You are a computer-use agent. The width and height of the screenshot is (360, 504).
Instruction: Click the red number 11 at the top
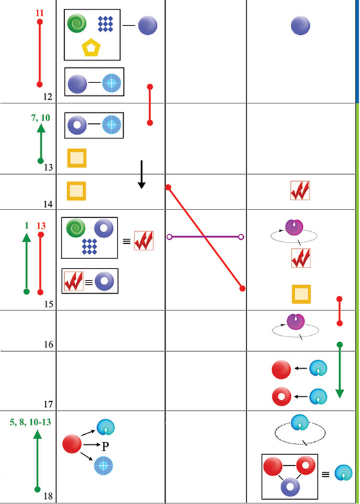pos(40,13)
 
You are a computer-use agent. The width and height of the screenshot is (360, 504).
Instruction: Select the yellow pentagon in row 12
pos(91,48)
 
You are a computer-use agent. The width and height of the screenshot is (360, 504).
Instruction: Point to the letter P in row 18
pos(105,446)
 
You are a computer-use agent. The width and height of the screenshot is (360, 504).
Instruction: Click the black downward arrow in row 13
pos(142,175)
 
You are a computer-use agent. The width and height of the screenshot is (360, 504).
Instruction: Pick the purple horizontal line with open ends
pos(205,237)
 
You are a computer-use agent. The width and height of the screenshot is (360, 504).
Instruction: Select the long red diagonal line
pos(205,238)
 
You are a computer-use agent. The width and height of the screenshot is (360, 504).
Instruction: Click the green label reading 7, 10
pos(41,117)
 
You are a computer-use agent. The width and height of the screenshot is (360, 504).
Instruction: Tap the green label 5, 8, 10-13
pos(30,422)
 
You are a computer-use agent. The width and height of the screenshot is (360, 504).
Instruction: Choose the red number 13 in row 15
pos(41,226)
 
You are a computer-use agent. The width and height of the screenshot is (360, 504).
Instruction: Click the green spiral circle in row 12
pos(76,23)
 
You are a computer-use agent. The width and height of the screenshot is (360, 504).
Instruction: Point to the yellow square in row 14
pos(76,191)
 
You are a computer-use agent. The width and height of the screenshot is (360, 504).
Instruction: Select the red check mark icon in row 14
pos(300,190)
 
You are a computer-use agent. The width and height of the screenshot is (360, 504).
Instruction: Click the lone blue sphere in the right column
pos(300,26)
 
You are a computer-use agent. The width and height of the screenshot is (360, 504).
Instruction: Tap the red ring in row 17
pos(281,397)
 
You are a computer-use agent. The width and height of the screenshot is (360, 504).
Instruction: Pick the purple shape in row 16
pos(295,322)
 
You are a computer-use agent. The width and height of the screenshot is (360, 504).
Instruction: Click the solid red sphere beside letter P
pos(72,444)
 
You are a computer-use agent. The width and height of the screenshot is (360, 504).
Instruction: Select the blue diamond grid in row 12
pos(106,24)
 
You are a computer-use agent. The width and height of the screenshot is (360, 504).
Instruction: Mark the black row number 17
pos(48,404)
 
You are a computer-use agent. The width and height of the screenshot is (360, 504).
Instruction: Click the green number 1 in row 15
pos(27,226)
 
